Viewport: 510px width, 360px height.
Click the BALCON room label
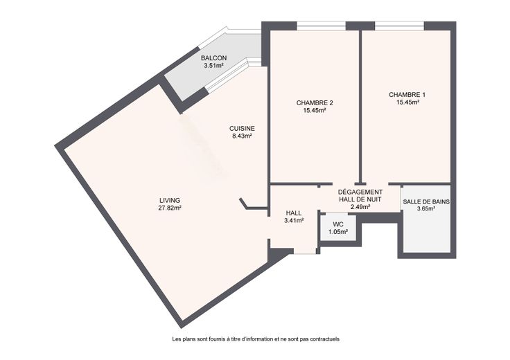(213, 58)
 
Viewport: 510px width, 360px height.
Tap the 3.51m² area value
(213, 66)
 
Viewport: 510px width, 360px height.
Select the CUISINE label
(242, 129)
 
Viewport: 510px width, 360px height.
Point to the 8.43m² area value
(242, 136)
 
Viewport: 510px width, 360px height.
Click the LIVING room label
(170, 201)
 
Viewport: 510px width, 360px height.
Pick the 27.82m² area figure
(170, 208)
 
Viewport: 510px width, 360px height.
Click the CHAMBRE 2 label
(315, 103)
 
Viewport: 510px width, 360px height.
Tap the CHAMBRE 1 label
(407, 95)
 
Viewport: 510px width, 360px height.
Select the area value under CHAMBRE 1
(407, 102)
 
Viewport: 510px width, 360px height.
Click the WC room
(338, 227)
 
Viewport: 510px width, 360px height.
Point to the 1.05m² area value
(338, 232)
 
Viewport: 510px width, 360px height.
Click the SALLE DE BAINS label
(426, 201)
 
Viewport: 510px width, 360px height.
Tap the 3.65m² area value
(426, 209)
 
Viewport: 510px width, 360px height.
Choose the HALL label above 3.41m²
(294, 213)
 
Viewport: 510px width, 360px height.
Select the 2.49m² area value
(360, 206)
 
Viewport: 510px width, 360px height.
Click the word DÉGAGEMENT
(360, 192)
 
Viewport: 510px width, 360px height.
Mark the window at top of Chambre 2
(321, 26)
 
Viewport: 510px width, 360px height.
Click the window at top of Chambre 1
(399, 26)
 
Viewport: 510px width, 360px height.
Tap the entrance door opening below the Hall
(305, 251)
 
